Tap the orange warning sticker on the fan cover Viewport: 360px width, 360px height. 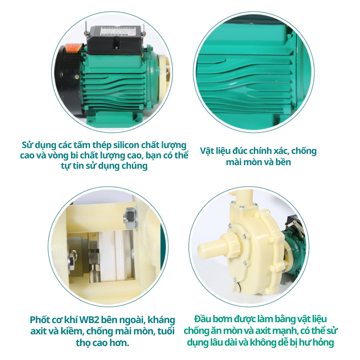(75, 48)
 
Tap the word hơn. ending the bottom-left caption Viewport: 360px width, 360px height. (120, 343)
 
